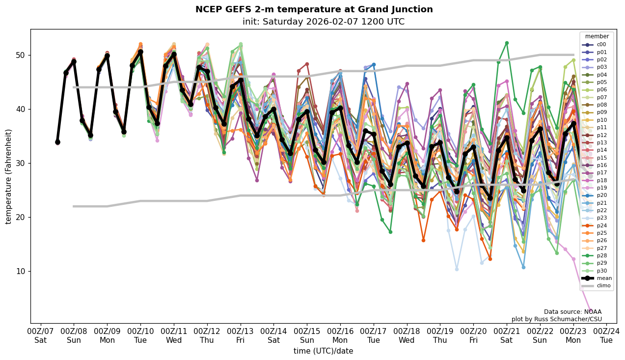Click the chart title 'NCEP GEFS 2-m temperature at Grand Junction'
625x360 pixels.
click(x=314, y=9)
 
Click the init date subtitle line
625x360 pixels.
click(x=323, y=22)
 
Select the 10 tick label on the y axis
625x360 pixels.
click(x=20, y=271)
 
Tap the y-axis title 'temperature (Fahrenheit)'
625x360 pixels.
click(x=9, y=176)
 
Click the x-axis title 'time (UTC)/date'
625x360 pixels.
click(x=323, y=351)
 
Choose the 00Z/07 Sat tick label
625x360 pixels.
click(x=41, y=335)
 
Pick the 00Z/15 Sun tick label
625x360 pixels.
click(x=307, y=335)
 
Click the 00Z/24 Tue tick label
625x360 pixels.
click(x=607, y=335)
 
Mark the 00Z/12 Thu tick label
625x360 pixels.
click(x=207, y=335)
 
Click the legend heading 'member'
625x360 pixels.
click(x=597, y=36)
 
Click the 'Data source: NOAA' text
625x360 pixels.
click(x=572, y=312)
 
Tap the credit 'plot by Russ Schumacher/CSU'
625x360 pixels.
click(x=556, y=319)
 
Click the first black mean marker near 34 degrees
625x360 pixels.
click(x=57, y=142)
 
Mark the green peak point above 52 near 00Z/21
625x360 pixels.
click(x=507, y=43)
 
